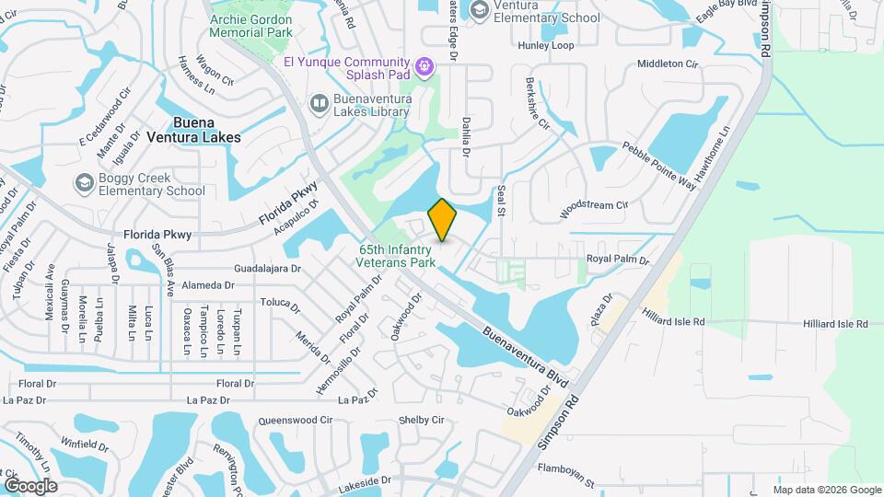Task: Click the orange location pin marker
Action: point(443,220)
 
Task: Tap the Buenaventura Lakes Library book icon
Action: point(319,103)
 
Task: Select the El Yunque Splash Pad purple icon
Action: point(423,64)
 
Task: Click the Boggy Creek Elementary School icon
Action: point(85,182)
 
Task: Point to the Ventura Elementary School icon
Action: point(479,9)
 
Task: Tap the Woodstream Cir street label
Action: point(593,206)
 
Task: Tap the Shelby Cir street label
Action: point(421,420)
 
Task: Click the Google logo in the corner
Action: point(31,485)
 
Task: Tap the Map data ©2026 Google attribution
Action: point(828,490)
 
